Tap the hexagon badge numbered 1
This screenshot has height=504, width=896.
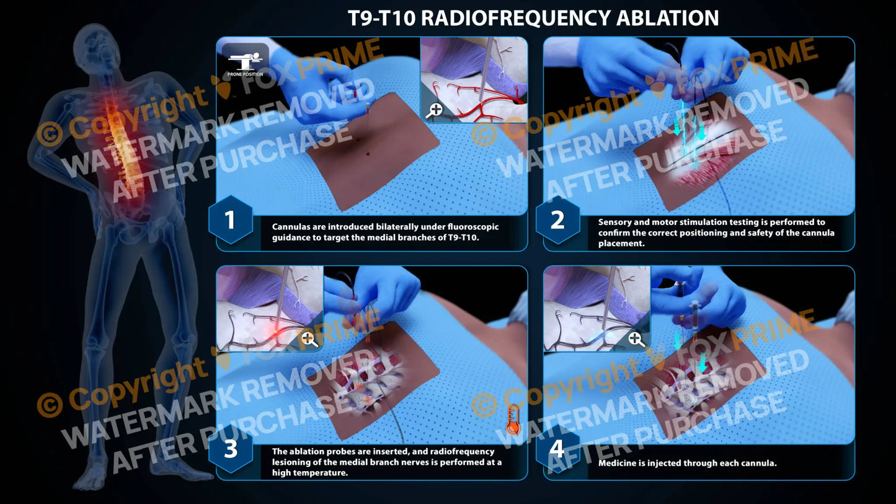[x=230, y=220]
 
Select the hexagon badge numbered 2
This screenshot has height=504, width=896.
[x=557, y=220]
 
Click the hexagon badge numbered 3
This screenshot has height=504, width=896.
[x=230, y=449]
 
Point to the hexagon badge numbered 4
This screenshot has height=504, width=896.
[x=557, y=449]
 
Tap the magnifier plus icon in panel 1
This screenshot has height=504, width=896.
[x=435, y=110]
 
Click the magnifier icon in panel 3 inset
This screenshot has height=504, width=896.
[x=308, y=339]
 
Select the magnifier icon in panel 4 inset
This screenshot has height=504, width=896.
[x=635, y=339]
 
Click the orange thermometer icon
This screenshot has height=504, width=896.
[x=512, y=419]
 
